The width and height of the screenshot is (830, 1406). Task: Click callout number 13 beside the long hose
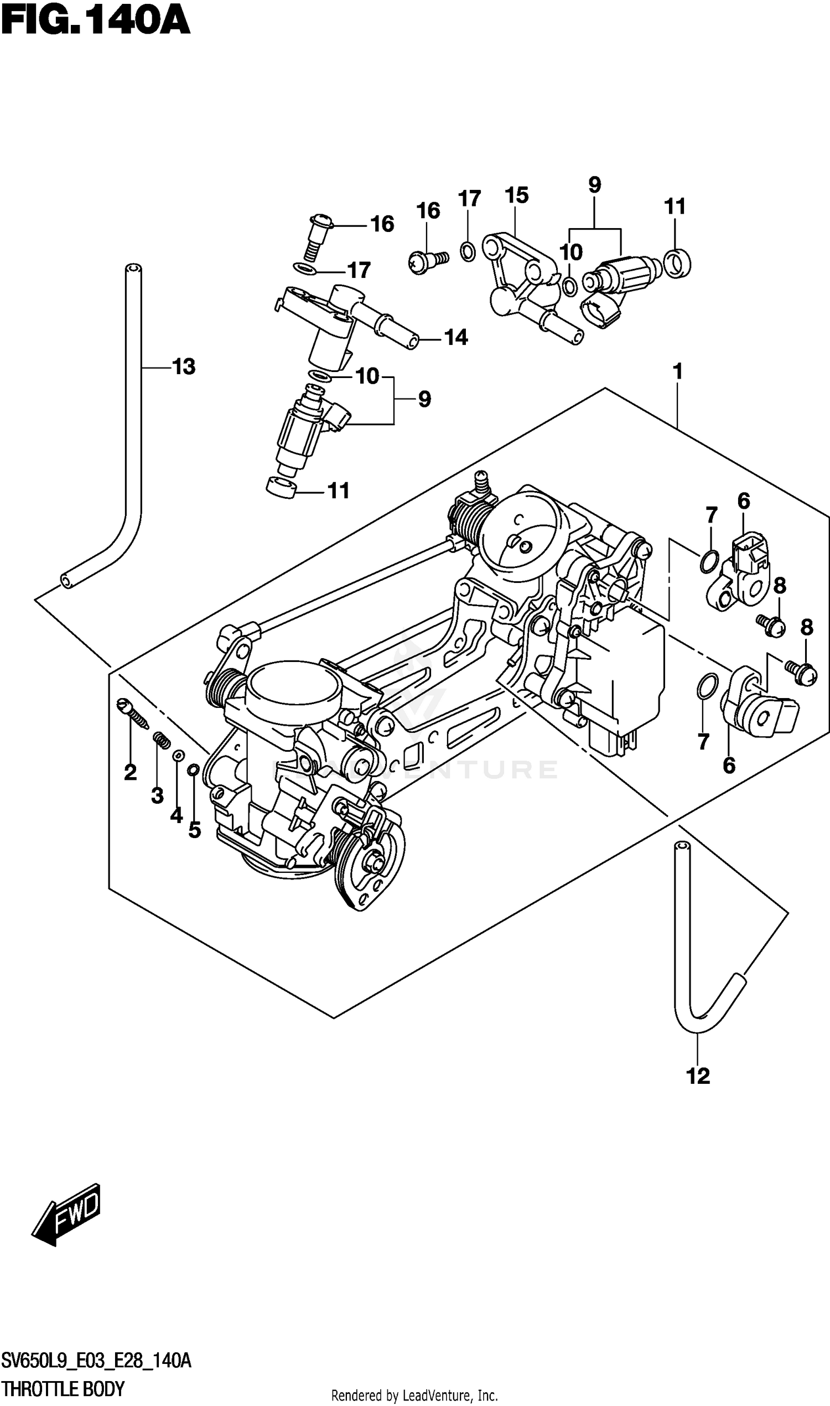pyautogui.click(x=184, y=367)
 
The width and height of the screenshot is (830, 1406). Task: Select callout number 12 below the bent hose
pyautogui.click(x=698, y=1076)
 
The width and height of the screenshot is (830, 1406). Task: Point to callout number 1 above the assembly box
pyautogui.click(x=677, y=371)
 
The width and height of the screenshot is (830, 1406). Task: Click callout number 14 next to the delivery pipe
pyautogui.click(x=455, y=337)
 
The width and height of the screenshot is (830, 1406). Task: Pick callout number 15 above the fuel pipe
pyautogui.click(x=516, y=195)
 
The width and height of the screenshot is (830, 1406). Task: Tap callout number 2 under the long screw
pyautogui.click(x=131, y=773)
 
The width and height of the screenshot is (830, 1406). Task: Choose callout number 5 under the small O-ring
pyautogui.click(x=194, y=830)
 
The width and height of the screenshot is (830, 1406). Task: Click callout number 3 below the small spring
pyautogui.click(x=157, y=795)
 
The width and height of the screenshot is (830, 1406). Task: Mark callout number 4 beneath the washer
pyautogui.click(x=176, y=815)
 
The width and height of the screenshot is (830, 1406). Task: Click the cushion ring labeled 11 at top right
pyautogui.click(x=677, y=263)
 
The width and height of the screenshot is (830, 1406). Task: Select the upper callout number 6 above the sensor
pyautogui.click(x=743, y=502)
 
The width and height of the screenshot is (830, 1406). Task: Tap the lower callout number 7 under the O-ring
pyautogui.click(x=703, y=741)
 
